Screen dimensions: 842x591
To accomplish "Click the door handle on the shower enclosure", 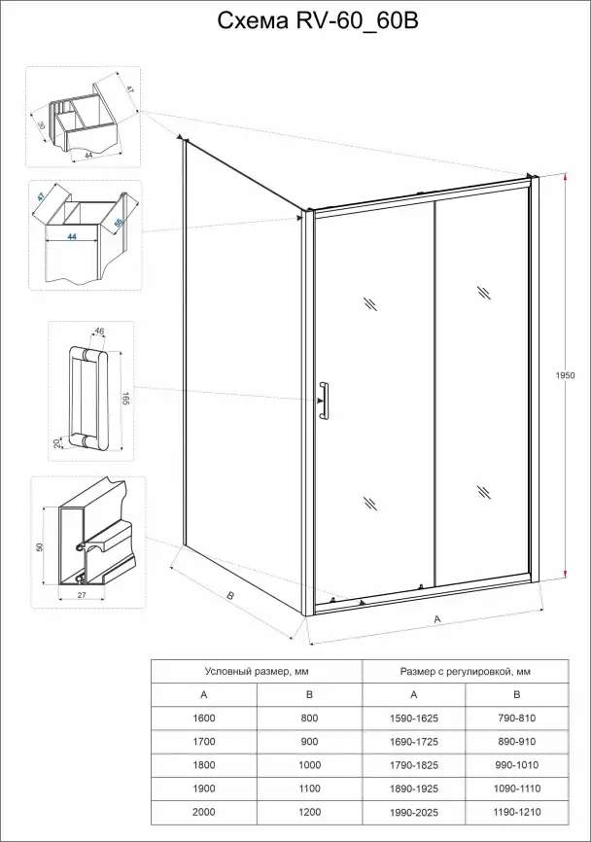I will (324, 402).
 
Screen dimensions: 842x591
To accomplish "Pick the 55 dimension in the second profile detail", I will (120, 224).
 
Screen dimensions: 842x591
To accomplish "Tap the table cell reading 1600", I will (203, 718).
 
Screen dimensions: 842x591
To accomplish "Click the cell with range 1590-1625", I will (413, 718).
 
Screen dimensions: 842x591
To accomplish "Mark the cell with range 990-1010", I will (517, 764).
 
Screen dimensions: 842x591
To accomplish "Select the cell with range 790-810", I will (517, 718).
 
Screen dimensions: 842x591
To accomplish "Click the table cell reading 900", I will (308, 741).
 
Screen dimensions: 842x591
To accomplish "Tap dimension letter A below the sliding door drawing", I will (437, 618).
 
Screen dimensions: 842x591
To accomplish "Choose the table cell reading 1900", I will (203, 788).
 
